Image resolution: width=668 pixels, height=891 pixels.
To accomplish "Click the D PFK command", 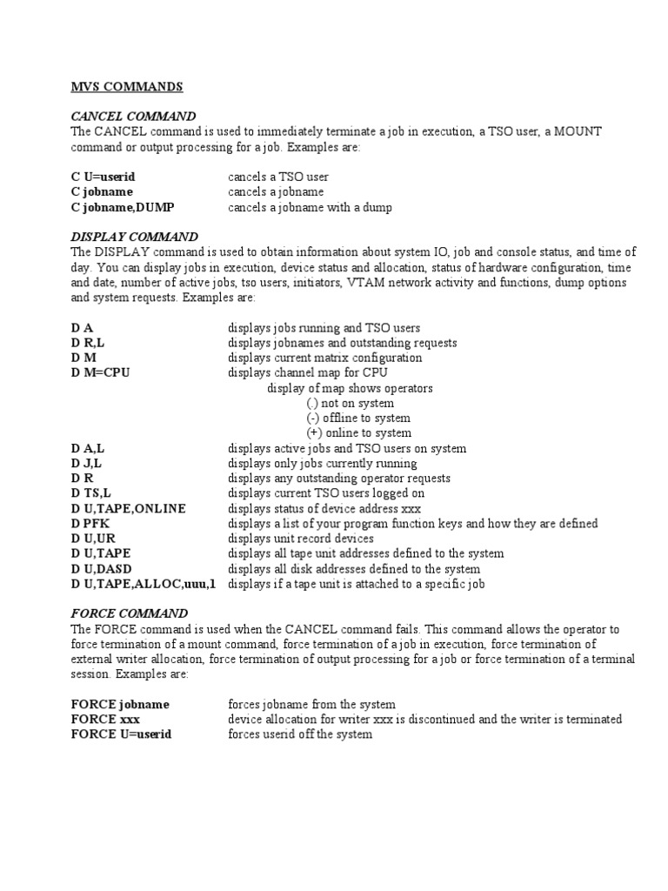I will coord(91,523).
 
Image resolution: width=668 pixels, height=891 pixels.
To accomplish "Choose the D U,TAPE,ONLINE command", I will coord(129,508).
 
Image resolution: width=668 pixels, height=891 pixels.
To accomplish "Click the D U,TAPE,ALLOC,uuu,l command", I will coord(144,584).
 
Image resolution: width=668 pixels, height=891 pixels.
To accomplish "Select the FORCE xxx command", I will coord(105,720).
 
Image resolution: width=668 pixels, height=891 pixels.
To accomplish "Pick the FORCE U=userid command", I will coord(121,734).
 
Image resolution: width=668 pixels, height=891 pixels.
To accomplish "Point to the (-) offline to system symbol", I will coord(313,418).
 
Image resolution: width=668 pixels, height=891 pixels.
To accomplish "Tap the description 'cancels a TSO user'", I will coord(278,177).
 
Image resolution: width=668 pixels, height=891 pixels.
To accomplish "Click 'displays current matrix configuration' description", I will coord(325,358).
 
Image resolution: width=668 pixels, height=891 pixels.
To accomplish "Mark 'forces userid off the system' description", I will coord(300,734).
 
